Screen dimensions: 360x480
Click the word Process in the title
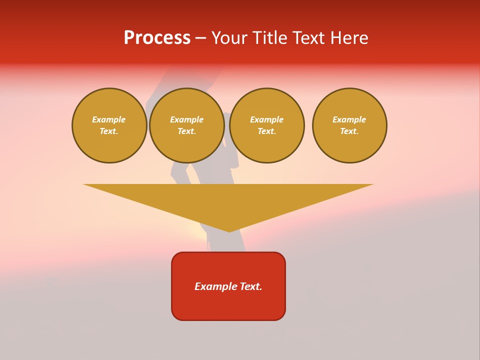[x=157, y=38]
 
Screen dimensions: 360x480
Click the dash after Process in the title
[x=200, y=39]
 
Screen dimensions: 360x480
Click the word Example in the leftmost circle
[x=109, y=119]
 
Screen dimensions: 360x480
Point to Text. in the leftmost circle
[x=109, y=131]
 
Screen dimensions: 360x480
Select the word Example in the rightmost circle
[x=349, y=119]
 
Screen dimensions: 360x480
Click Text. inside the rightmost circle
[x=349, y=131]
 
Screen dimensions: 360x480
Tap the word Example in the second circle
[x=186, y=119]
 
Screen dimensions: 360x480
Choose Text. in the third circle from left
[x=266, y=131]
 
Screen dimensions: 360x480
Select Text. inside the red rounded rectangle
[x=252, y=286]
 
